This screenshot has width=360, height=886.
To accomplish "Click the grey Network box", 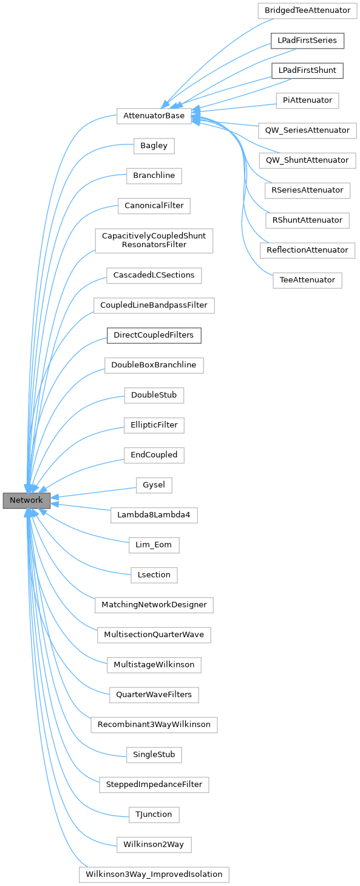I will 26,500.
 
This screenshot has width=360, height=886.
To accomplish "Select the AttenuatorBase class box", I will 154,116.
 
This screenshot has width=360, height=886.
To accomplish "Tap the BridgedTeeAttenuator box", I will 308,11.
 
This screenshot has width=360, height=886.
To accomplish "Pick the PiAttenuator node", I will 307,100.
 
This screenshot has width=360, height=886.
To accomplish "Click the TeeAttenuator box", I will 307,280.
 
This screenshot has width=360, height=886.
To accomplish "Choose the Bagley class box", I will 154,146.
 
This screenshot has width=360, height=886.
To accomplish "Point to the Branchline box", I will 154,176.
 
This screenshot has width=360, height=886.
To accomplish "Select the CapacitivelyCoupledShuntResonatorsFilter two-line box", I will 154,240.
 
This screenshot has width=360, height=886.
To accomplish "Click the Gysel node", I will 154,485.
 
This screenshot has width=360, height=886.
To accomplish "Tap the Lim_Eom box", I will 154,545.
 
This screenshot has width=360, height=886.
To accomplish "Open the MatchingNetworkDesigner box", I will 154,605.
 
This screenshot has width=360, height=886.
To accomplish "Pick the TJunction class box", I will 154,814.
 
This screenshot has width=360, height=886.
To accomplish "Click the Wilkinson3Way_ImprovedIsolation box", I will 154,874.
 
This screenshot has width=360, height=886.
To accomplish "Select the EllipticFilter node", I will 154,425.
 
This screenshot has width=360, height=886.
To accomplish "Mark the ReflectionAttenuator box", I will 307,250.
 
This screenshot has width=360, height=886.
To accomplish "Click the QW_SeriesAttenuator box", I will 307,131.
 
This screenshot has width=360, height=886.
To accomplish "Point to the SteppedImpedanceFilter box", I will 154,785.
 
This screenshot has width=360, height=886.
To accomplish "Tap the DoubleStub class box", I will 154,395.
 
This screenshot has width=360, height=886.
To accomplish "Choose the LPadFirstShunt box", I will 307,70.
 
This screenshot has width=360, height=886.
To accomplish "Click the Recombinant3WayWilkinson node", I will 154,724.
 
